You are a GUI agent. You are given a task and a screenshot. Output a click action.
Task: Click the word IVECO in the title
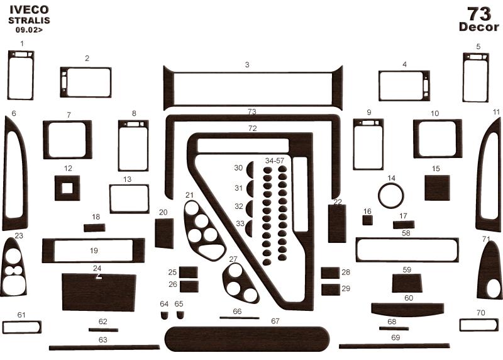tap(29, 10)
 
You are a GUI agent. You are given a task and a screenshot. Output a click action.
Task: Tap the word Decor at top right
tap(479, 27)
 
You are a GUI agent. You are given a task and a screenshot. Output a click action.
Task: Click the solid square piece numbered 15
tap(437, 188)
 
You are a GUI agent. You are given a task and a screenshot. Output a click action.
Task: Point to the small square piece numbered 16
tap(368, 220)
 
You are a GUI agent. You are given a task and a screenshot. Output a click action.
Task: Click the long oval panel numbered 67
tap(247, 339)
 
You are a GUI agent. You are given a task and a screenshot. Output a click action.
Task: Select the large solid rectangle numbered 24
tap(99, 292)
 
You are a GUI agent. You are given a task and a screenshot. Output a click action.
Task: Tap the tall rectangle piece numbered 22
tap(337, 223)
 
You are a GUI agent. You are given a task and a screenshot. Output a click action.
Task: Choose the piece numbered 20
tap(164, 233)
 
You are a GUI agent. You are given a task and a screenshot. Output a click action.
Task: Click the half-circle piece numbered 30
tap(250, 169)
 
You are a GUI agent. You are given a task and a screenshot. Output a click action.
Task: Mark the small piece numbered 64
tap(164, 315)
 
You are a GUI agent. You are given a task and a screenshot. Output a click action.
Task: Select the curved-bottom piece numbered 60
tap(407, 309)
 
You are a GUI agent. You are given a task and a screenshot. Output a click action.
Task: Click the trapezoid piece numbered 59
tap(407, 283)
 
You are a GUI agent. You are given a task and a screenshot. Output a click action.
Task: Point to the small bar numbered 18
tap(94, 228)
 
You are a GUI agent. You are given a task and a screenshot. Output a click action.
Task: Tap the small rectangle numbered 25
tap(188, 273)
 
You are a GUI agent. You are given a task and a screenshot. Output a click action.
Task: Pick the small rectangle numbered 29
tap(331, 290)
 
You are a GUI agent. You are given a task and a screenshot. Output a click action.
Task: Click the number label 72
tap(253, 128)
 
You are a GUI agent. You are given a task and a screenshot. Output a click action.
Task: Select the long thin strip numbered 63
tap(104, 347)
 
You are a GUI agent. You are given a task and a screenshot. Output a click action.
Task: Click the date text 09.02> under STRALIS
tap(29, 30)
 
